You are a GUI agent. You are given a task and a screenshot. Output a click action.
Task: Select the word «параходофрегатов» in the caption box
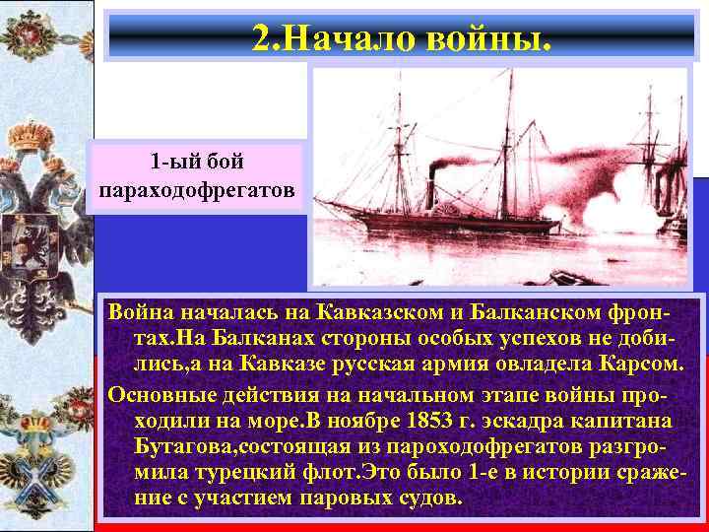point(196,186)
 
